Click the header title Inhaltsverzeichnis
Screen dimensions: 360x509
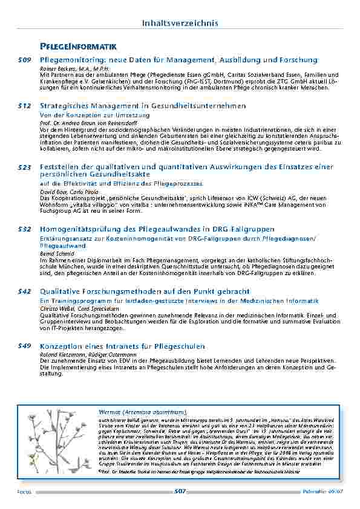180,23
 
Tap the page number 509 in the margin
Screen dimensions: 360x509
24,60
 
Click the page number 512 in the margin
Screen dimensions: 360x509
24,106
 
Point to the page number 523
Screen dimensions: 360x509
24,166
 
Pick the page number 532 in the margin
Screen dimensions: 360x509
24,229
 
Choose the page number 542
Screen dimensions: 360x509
24,291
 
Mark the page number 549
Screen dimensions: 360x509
24,345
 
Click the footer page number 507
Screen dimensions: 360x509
180,491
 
